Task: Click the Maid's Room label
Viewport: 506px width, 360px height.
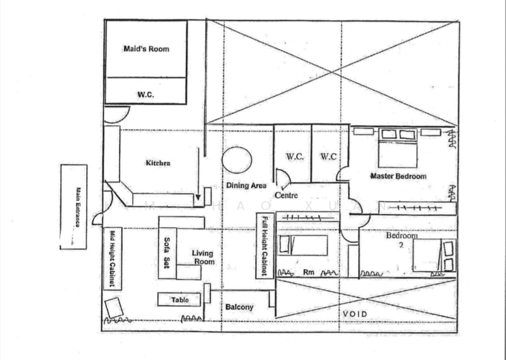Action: click(145, 49)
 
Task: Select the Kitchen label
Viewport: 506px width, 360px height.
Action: click(157, 163)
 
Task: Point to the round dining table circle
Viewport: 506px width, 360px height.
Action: click(238, 160)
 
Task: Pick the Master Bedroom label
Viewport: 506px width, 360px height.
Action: click(398, 176)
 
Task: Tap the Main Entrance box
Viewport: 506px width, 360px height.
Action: click(73, 206)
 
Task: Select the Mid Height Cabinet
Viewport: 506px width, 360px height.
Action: click(111, 258)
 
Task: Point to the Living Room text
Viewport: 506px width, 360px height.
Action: click(203, 258)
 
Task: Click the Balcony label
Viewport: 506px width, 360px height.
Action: click(240, 307)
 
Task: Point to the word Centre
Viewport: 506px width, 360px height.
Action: click(286, 196)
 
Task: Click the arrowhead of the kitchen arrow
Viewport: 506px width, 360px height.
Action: click(198, 203)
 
